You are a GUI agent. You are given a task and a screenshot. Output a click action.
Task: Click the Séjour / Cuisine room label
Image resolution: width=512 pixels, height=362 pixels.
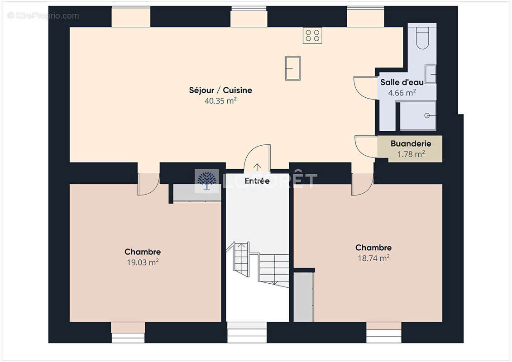[x=220, y=90]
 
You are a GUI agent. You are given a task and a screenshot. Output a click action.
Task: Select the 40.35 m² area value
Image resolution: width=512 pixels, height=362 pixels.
[x=220, y=101]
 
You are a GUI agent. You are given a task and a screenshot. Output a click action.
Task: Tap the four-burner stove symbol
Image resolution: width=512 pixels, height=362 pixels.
[x=312, y=35]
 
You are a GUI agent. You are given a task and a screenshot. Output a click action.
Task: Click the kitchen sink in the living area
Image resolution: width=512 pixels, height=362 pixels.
[x=293, y=68]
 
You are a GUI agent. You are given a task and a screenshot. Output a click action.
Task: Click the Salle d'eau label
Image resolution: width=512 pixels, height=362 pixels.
[x=402, y=82]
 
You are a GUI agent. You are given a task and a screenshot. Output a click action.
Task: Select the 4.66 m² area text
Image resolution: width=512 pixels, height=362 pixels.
[x=402, y=93]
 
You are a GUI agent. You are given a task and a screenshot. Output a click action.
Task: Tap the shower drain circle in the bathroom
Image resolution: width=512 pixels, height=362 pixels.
[x=426, y=115]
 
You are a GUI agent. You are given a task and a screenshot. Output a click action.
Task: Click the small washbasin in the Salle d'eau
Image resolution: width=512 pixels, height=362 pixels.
[x=431, y=74]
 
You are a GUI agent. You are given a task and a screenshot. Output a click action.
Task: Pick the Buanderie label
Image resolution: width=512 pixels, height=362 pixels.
[x=411, y=144]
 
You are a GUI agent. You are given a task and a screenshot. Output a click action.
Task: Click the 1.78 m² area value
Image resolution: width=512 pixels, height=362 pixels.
[x=411, y=154]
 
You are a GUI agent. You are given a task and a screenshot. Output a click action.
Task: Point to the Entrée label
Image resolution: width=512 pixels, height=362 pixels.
[x=257, y=181]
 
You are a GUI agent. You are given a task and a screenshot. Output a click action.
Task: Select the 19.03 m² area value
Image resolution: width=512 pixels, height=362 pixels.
[x=142, y=262]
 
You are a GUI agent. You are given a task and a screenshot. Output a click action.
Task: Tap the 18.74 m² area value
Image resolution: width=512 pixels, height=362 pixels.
[x=373, y=258]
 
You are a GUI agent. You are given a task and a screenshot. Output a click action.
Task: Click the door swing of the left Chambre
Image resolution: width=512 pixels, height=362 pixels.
[x=148, y=185]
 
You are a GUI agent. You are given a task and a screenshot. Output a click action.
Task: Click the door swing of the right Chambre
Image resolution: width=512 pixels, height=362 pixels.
[x=362, y=185]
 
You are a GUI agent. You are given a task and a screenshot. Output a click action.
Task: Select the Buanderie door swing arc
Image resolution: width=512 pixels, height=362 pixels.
[x=366, y=147]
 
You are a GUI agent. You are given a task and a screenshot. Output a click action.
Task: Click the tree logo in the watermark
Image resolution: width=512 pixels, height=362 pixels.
[x=207, y=181]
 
